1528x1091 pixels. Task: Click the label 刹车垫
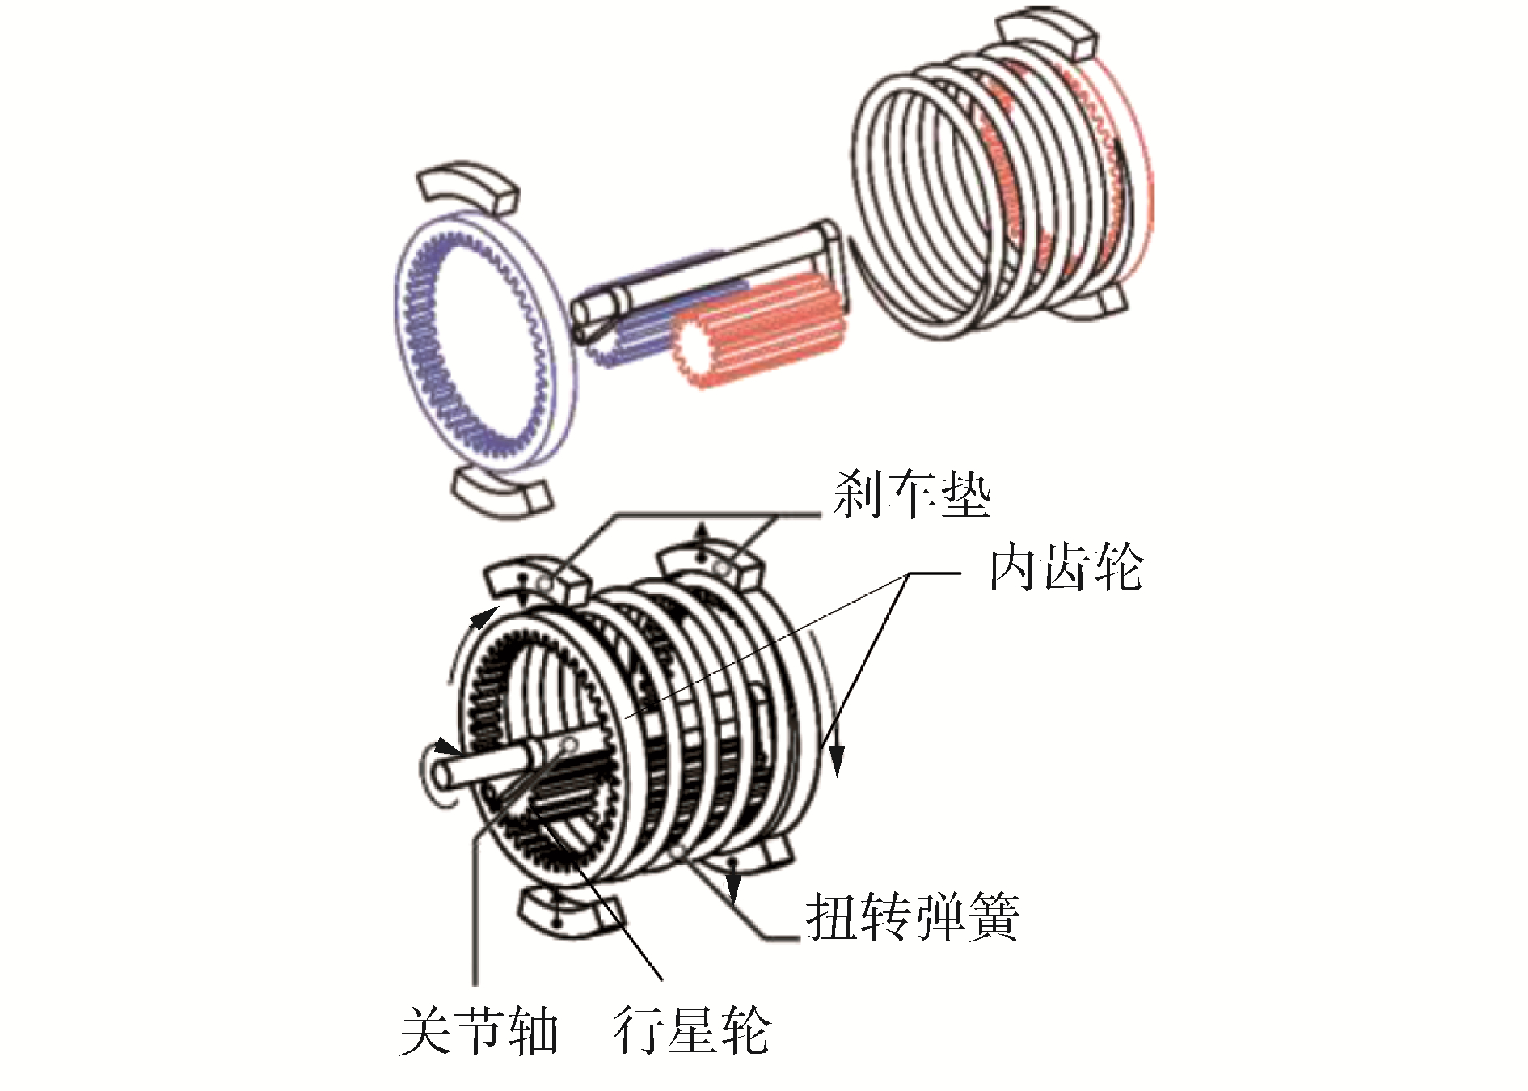pos(911,495)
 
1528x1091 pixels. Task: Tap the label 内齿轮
pos(1066,569)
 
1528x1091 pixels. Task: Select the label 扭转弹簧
pos(911,916)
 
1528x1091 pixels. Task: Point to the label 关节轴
pos(479,1031)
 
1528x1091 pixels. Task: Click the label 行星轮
pos(691,1031)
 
